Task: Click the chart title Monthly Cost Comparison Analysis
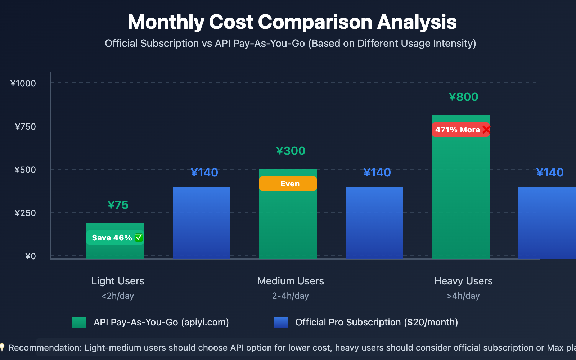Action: pyautogui.click(x=292, y=22)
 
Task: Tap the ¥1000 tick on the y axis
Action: pyautogui.click(x=23, y=84)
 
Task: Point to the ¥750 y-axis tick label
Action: pyautogui.click(x=25, y=127)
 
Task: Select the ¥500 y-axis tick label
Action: pyautogui.click(x=25, y=170)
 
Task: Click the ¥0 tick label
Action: pyautogui.click(x=31, y=256)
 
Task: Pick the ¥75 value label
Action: pyautogui.click(x=118, y=205)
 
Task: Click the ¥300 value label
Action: pyautogui.click(x=291, y=151)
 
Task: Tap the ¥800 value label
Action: pyautogui.click(x=463, y=97)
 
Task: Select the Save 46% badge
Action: pyautogui.click(x=112, y=238)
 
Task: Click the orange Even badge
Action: pyautogui.click(x=288, y=184)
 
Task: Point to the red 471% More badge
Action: pyautogui.click(x=458, y=130)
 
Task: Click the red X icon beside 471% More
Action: pyautogui.click(x=486, y=130)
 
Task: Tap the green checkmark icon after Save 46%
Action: pyautogui.click(x=139, y=238)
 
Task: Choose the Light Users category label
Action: pyautogui.click(x=118, y=281)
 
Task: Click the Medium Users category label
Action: pyautogui.click(x=291, y=281)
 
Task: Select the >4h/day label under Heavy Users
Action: pyautogui.click(x=463, y=296)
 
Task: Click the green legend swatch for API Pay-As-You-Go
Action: pyautogui.click(x=79, y=322)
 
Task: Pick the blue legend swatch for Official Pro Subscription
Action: pyautogui.click(x=281, y=322)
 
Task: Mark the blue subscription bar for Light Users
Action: pyautogui.click(x=202, y=223)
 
